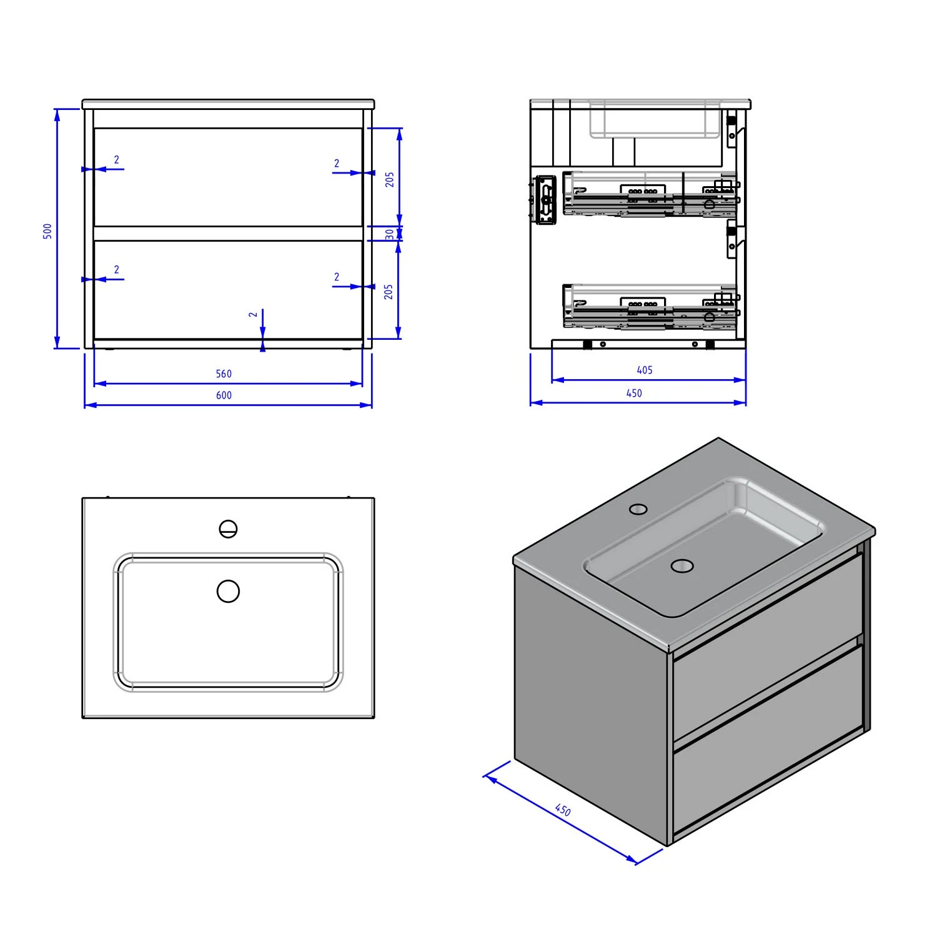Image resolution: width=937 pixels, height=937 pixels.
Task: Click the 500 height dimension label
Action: click(47, 231)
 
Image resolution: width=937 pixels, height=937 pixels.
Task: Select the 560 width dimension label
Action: click(224, 374)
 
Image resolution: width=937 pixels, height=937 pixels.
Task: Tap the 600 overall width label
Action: click(224, 395)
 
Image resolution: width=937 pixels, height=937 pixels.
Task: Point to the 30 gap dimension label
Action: click(390, 234)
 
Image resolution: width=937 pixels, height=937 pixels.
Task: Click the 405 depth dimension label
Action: click(645, 370)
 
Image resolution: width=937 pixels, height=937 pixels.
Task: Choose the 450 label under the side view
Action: click(634, 394)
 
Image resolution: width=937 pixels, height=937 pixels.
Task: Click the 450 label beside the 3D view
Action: click(562, 810)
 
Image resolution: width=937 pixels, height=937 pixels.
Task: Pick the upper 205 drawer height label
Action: click(390, 180)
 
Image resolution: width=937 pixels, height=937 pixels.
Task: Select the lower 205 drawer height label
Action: click(389, 291)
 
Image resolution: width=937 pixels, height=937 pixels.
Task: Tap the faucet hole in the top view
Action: click(229, 529)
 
